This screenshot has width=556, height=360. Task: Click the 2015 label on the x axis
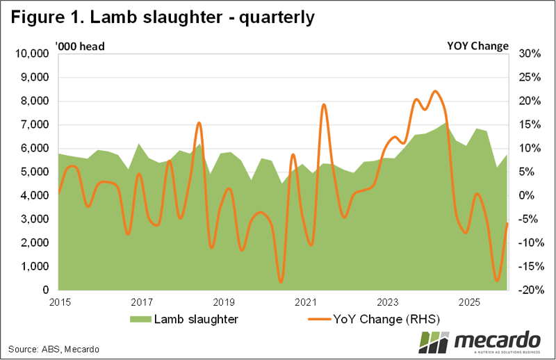[x=59, y=302]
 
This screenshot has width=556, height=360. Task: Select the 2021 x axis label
[x=306, y=302]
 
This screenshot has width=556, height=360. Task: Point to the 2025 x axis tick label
[x=471, y=302]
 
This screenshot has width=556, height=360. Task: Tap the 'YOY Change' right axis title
[x=477, y=47]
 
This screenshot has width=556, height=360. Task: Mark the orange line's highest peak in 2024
[x=435, y=91]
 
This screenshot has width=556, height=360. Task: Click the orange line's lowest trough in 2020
[x=281, y=281]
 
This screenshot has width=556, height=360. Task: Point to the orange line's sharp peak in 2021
[x=324, y=104]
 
